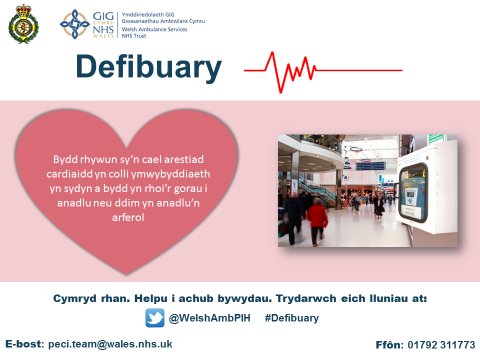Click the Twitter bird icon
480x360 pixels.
pyautogui.click(x=154, y=317)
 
